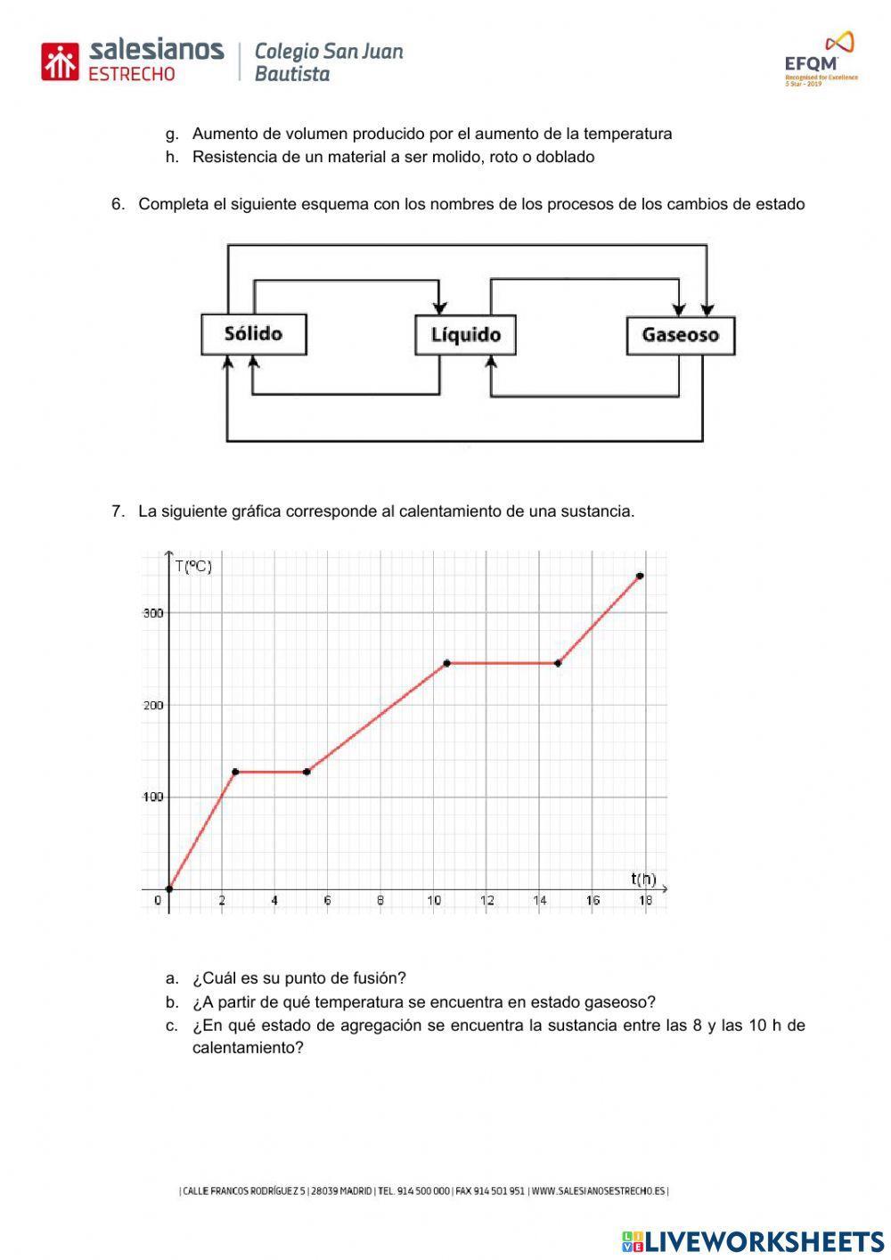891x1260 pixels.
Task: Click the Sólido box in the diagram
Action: tap(253, 334)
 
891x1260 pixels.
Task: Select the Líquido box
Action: tap(465, 335)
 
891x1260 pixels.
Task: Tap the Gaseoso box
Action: tap(680, 336)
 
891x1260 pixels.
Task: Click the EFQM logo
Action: tap(820, 60)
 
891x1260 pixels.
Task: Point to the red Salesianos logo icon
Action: tap(61, 61)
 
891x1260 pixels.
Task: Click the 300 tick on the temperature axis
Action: tap(152, 613)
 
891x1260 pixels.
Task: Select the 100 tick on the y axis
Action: tap(152, 797)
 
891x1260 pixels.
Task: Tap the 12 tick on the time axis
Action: tap(486, 901)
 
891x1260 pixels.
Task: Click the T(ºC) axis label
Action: tap(193, 566)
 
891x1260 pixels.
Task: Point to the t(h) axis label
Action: tap(643, 879)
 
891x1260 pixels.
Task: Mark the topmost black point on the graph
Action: tap(640, 577)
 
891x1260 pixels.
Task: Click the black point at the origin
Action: tap(169, 888)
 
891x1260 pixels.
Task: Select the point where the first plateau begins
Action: tap(235, 772)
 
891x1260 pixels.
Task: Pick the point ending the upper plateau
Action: tap(558, 663)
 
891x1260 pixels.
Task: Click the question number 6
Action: tap(118, 204)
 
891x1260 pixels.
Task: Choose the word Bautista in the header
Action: tap(292, 74)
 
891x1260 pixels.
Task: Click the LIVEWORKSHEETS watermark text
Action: tap(764, 1241)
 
